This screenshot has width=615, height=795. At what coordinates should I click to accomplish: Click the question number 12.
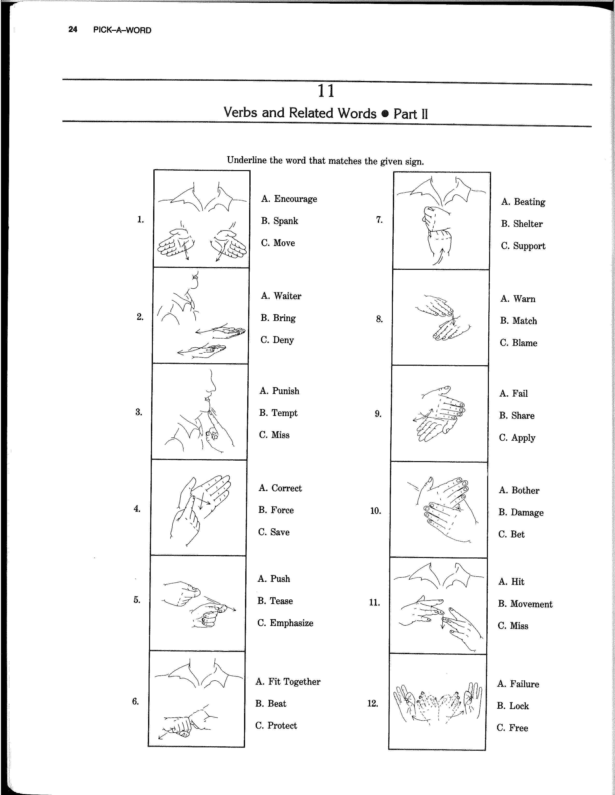[373, 703]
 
